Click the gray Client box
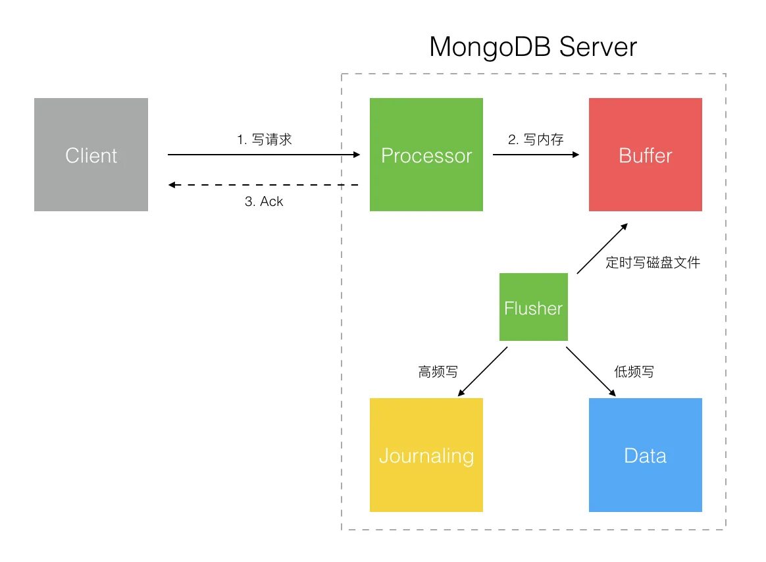(91, 155)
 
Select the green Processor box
(426, 155)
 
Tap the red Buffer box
(645, 155)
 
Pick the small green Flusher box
(533, 307)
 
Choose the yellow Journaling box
(426, 455)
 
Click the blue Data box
(645, 455)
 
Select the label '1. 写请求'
(264, 140)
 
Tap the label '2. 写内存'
(536, 140)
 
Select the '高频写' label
(438, 372)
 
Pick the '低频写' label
(634, 372)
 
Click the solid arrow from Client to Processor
(263, 155)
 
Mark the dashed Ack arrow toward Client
(263, 186)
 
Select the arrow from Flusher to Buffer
(601, 249)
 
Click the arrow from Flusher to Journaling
(482, 372)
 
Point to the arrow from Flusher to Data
(591, 372)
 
